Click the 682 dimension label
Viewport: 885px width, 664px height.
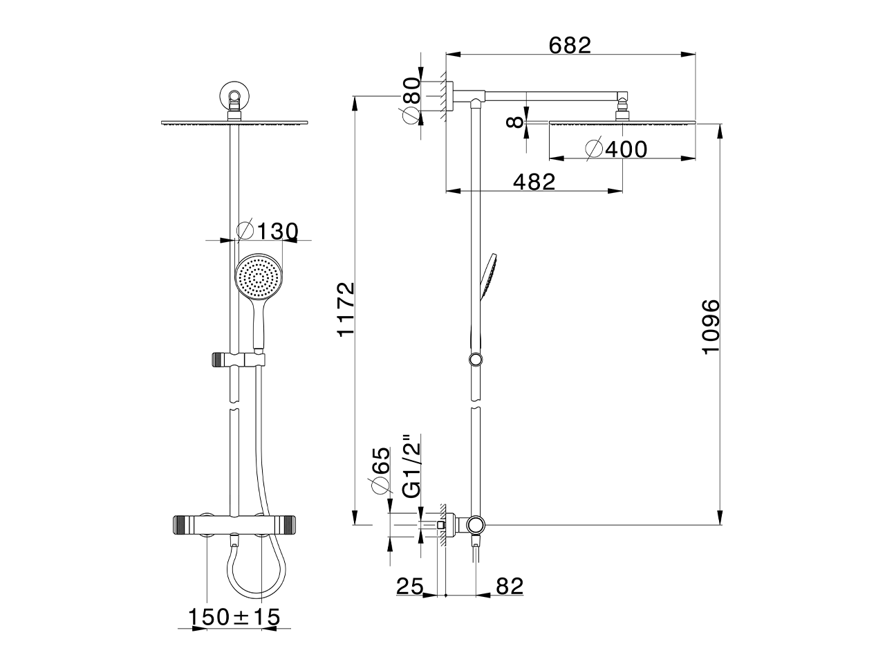[569, 45]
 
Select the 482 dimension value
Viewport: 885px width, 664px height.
[534, 182]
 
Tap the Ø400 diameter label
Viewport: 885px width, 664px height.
[617, 149]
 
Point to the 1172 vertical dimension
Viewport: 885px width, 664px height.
[346, 308]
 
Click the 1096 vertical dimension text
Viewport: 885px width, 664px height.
[711, 327]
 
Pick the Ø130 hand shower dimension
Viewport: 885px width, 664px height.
[268, 231]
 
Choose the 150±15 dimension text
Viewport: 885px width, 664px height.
[234, 617]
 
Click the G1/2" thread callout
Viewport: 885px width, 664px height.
[411, 465]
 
